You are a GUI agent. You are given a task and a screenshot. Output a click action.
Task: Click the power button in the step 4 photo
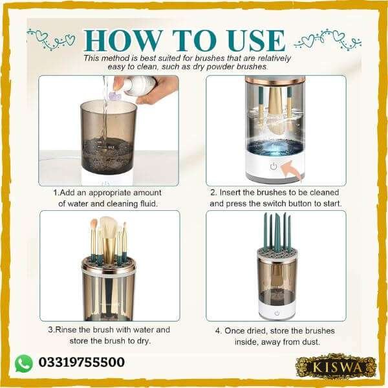276,313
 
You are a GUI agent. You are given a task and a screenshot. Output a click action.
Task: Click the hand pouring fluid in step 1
155,88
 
